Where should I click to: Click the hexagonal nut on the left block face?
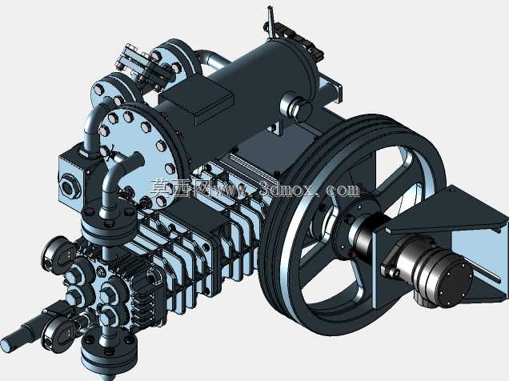[70, 186]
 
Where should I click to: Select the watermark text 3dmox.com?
[310, 189]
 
